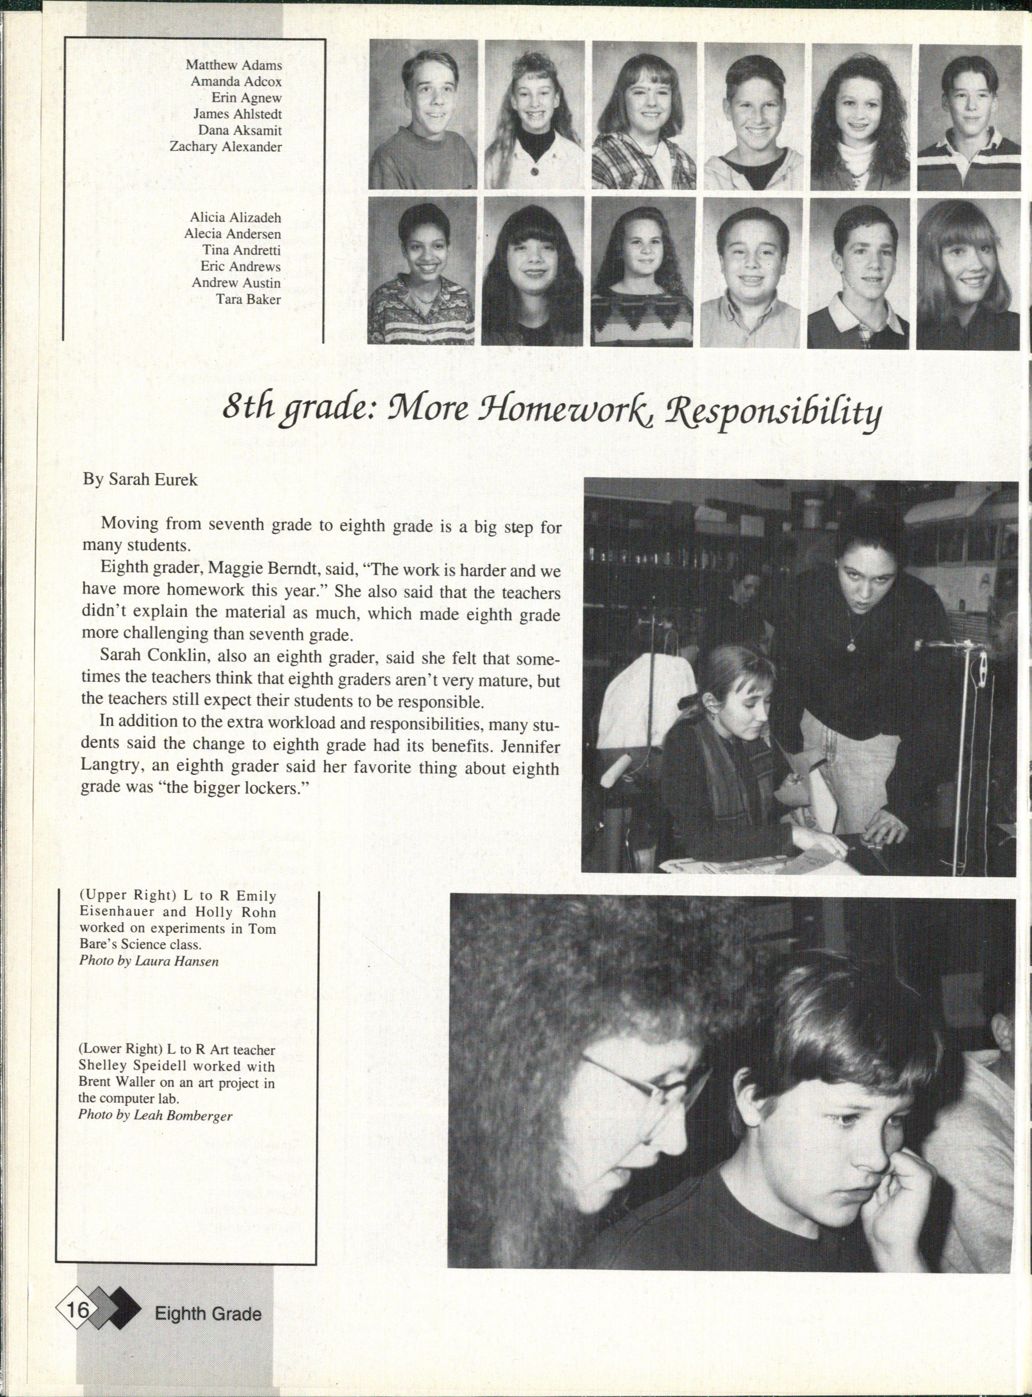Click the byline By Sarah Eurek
coord(141,480)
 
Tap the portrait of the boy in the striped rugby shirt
coord(972,116)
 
